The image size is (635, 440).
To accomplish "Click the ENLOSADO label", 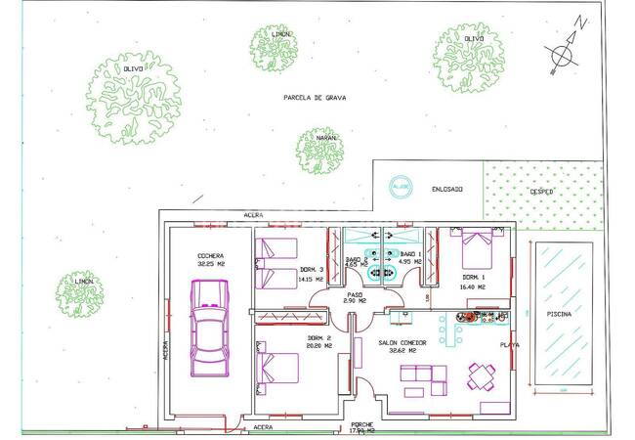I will click(x=445, y=189).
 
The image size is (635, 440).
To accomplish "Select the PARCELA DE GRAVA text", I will click(x=315, y=98).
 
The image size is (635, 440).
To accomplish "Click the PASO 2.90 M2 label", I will click(x=355, y=297).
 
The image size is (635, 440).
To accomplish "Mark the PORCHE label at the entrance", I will click(x=362, y=426).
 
